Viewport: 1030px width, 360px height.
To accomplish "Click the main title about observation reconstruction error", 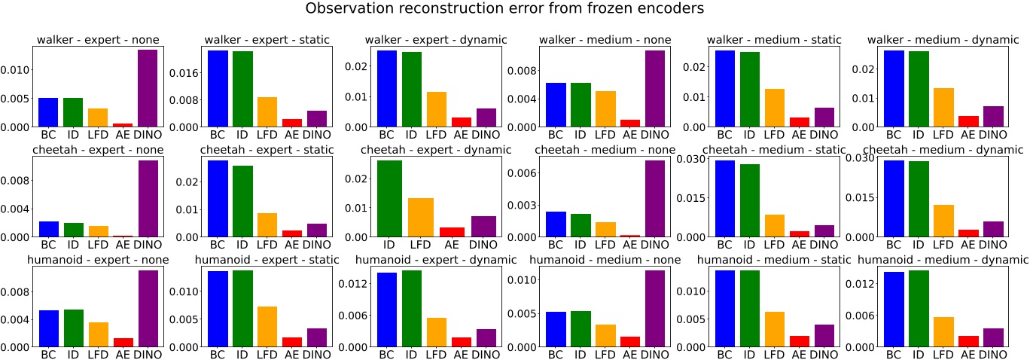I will [514, 10].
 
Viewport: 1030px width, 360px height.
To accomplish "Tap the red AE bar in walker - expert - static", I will [291, 123].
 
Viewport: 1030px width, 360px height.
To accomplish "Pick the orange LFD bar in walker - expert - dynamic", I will [436, 109].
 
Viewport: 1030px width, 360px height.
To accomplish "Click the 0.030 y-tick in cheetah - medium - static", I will [690, 158].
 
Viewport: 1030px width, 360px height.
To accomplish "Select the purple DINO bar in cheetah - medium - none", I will [654, 199].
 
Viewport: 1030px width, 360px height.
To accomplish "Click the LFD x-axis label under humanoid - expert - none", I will [98, 355].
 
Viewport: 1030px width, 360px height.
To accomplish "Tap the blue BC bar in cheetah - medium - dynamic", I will [893, 199].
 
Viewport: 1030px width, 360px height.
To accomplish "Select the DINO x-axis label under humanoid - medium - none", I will [654, 355].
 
